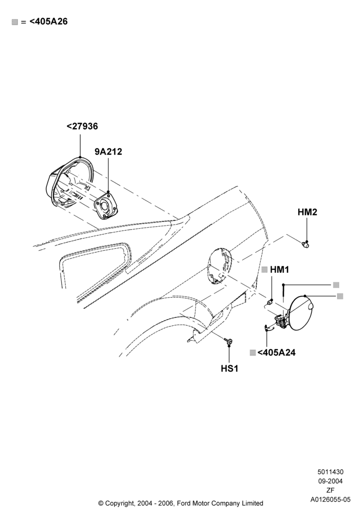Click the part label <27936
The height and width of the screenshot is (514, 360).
(82, 126)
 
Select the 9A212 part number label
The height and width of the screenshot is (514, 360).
(108, 152)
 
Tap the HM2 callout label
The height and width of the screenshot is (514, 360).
(307, 212)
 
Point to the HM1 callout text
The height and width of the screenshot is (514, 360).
(280, 270)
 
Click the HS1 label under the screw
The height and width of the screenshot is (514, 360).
(229, 369)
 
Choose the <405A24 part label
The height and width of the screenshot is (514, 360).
(276, 353)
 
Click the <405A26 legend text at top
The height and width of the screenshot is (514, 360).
(48, 22)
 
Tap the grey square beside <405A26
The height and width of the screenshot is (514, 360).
(15, 22)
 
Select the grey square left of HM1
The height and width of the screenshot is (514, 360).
(265, 269)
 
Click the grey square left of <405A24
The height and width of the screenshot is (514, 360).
(253, 353)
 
